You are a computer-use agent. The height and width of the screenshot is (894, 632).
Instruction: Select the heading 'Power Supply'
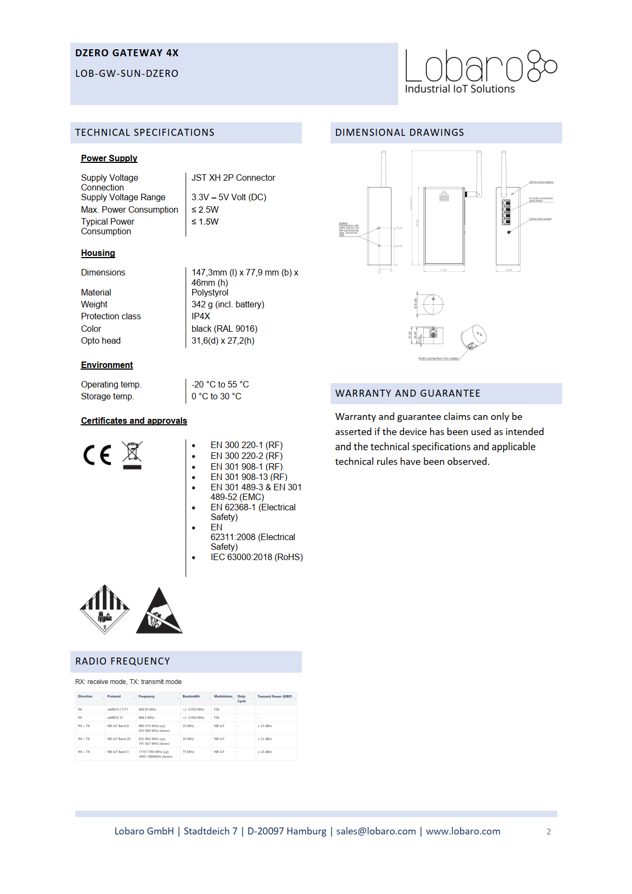pyautogui.click(x=109, y=158)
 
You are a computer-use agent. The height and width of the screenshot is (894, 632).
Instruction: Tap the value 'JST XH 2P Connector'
pyautogui.click(x=233, y=178)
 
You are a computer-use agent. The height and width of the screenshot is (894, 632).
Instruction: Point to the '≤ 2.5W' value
pyautogui.click(x=205, y=209)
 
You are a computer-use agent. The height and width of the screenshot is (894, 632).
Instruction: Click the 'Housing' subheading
pyautogui.click(x=98, y=253)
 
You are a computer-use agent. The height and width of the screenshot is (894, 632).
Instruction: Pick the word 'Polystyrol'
pyautogui.click(x=210, y=292)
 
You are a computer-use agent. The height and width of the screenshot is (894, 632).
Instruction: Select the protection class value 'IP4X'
pyautogui.click(x=201, y=316)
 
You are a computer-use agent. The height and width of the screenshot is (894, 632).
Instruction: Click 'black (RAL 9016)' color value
pyautogui.click(x=224, y=328)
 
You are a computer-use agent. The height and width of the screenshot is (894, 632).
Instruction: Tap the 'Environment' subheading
pyautogui.click(x=107, y=365)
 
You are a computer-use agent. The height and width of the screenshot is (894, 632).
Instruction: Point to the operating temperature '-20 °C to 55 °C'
pyautogui.click(x=220, y=384)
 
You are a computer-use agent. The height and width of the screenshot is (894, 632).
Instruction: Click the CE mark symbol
pyautogui.click(x=97, y=455)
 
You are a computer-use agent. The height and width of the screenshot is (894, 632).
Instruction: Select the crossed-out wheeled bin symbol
pyautogui.click(x=132, y=455)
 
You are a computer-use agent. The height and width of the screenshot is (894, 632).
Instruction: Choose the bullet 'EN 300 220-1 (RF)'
pyautogui.click(x=246, y=445)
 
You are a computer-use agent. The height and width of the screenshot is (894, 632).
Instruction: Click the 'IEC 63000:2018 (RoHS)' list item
pyautogui.click(x=256, y=557)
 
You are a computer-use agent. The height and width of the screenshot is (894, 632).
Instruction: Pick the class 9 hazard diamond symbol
pyautogui.click(x=104, y=609)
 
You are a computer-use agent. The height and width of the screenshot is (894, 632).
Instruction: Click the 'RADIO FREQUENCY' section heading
pyautogui.click(x=123, y=661)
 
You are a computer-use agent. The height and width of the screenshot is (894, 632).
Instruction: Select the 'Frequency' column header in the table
pyautogui.click(x=147, y=696)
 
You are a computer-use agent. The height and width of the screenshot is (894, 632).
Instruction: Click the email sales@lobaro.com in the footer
pyautogui.click(x=376, y=831)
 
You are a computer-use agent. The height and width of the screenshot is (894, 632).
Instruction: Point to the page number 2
pyautogui.click(x=549, y=832)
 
